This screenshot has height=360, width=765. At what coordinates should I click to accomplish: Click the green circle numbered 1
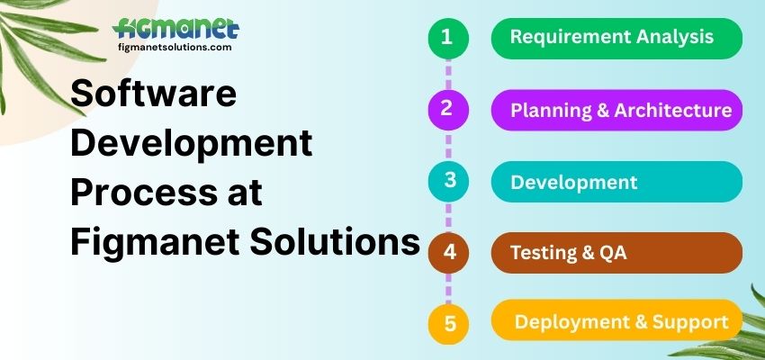pos(447,38)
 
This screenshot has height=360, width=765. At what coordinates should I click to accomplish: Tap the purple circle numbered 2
pos(447,110)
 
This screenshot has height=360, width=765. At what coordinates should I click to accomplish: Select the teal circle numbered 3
pos(447,181)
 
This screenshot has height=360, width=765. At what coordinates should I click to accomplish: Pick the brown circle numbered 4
pos(447,253)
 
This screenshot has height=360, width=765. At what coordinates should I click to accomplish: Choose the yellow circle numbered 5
pos(447,322)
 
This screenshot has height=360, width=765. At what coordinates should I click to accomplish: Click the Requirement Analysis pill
pos(616,38)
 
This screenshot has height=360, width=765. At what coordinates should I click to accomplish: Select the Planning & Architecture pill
pos(616,110)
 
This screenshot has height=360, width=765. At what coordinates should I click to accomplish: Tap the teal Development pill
pos(616,182)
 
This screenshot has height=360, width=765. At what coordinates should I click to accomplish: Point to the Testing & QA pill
pos(616,253)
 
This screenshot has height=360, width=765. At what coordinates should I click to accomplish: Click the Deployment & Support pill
pos(616,322)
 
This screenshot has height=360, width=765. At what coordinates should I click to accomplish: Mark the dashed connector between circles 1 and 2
pos(447,73)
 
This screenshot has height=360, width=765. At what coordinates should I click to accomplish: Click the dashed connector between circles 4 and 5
pos(447,288)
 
